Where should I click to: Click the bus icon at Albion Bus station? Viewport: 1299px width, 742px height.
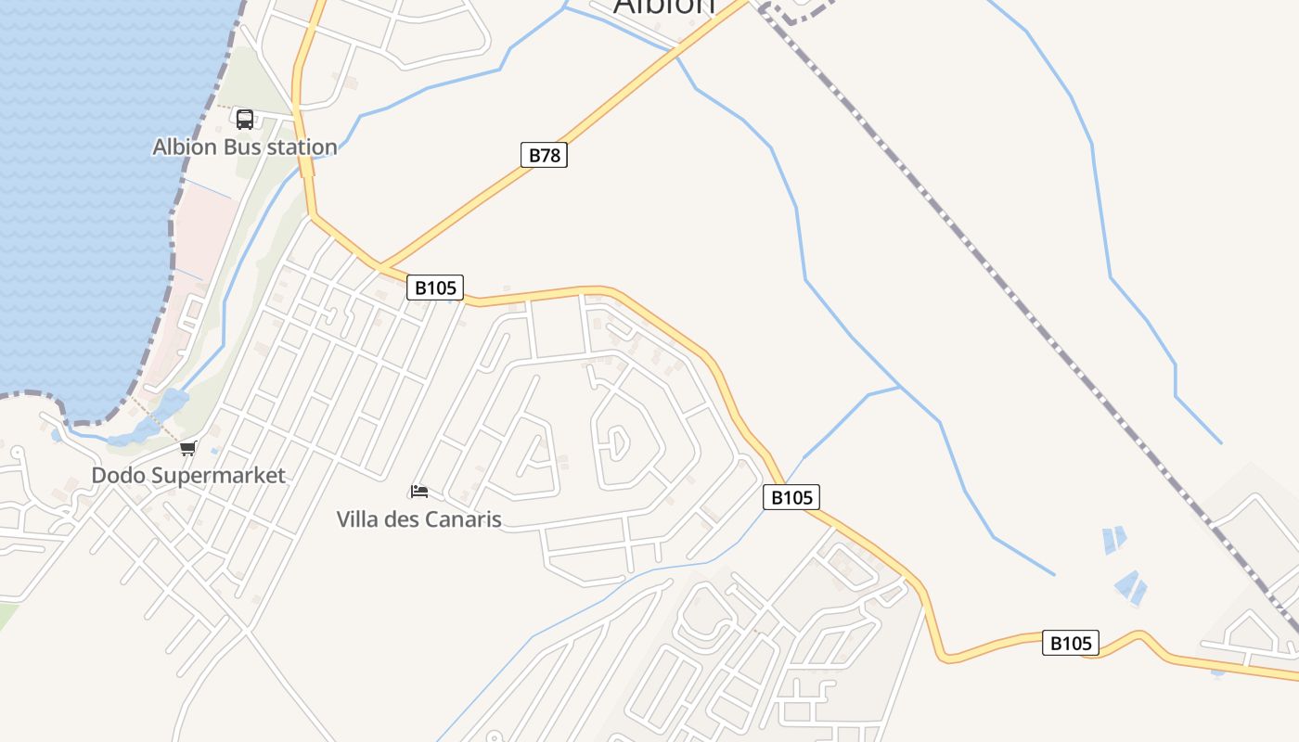245,119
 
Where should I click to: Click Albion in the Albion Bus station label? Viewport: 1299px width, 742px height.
184,147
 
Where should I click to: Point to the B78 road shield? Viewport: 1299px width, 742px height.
544,155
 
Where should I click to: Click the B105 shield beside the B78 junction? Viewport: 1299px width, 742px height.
434,288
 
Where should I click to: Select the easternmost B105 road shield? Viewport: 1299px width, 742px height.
1071,643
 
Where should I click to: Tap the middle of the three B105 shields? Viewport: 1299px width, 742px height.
792,497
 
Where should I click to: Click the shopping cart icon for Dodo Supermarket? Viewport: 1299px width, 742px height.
188,449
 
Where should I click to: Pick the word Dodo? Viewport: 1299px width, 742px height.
119,476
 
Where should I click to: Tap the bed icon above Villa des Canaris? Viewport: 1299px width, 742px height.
419,491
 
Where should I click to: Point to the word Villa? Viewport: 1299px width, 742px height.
357,519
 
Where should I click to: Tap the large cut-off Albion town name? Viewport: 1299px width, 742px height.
664,6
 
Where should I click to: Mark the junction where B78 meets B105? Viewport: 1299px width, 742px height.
379,267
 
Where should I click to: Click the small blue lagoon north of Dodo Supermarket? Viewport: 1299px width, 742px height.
173,404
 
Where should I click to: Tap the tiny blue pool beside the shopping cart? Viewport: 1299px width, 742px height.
214,451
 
